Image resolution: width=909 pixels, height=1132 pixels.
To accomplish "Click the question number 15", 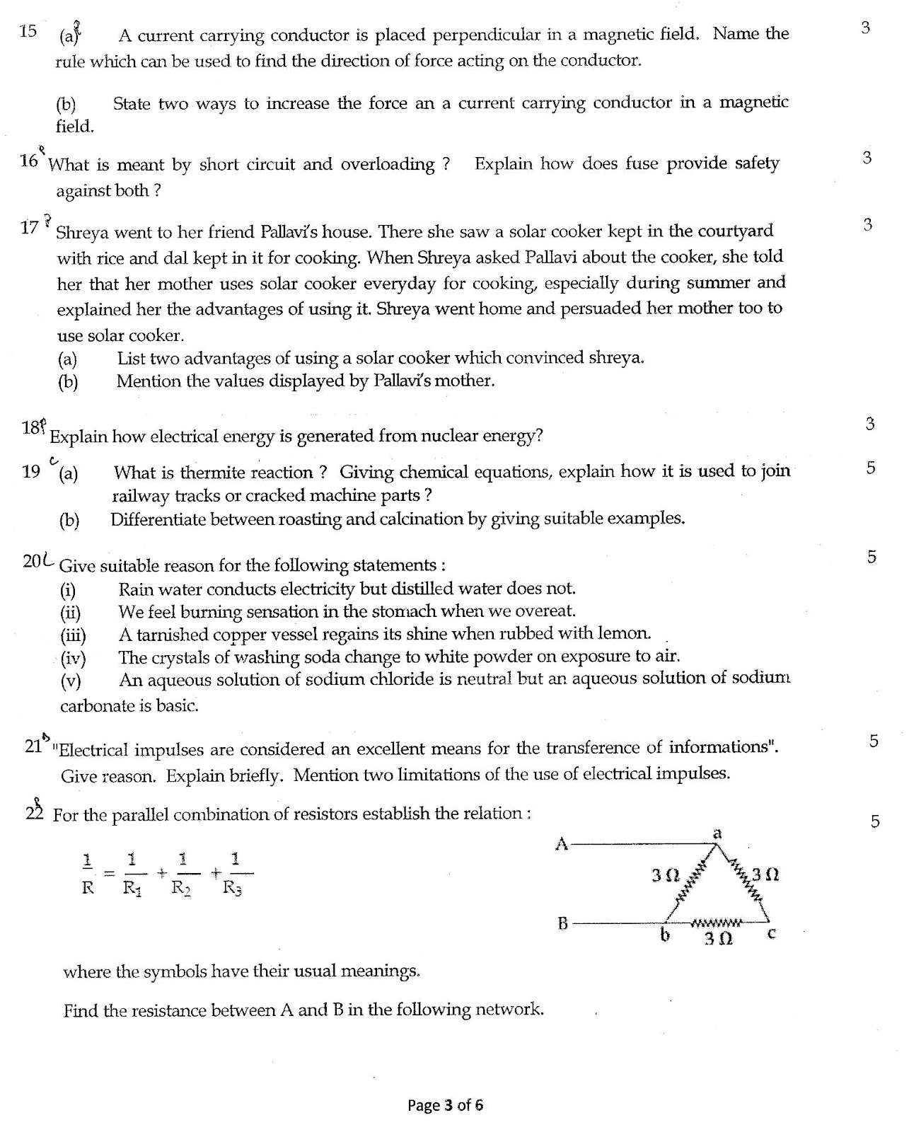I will pyautogui.click(x=28, y=31).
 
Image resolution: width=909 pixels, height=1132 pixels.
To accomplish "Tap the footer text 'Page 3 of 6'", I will pyautogui.click(x=445, y=1105).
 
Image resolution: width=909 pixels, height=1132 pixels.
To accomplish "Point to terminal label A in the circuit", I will pyautogui.click(x=562, y=843).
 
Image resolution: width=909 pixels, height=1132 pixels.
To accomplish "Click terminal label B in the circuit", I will pyautogui.click(x=563, y=923).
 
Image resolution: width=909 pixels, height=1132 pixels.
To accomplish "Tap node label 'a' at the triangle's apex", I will pyautogui.click(x=717, y=833).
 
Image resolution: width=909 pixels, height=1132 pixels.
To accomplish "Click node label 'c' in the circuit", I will pyautogui.click(x=772, y=934).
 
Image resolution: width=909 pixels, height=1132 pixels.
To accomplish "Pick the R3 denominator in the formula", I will pyautogui.click(x=232, y=889).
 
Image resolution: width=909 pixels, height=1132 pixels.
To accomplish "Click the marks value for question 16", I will pyautogui.click(x=867, y=158).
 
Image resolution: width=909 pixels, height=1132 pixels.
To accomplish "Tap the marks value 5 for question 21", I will pyautogui.click(x=874, y=741).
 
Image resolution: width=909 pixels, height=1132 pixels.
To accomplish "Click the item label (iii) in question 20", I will pyautogui.click(x=73, y=635).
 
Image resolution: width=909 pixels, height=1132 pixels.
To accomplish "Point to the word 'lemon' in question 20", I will pyautogui.click(x=623, y=633).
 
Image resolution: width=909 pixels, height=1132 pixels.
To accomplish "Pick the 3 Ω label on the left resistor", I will pyautogui.click(x=664, y=875).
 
